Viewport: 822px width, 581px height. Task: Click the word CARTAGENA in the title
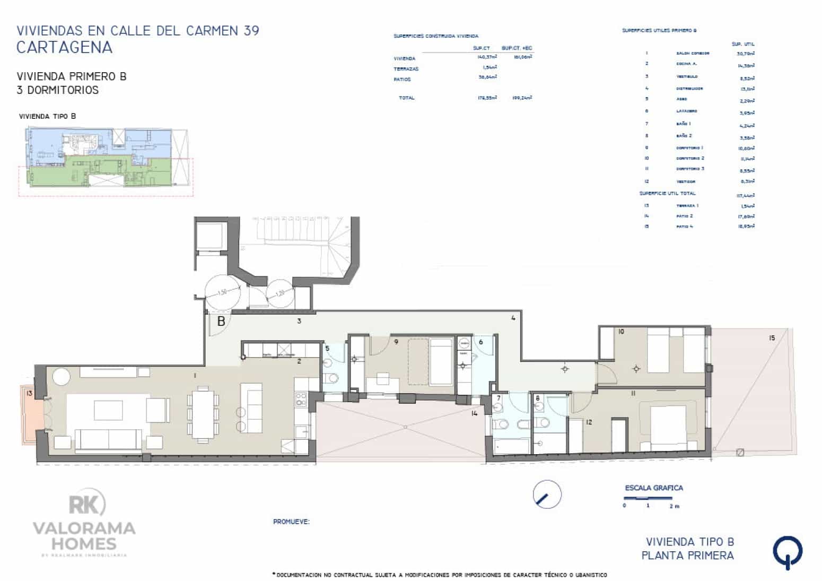coord(64,47)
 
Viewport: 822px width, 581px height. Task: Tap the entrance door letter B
coord(221,321)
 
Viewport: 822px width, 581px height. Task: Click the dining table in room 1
coord(203,414)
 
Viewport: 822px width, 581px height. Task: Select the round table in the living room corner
coord(60,377)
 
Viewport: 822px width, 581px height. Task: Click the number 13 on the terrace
coord(29,393)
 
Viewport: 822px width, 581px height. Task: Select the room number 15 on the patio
coord(772,337)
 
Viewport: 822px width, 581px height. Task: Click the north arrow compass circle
coord(547,495)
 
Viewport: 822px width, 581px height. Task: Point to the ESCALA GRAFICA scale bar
coord(648,499)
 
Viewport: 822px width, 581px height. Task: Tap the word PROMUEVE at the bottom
coord(291,522)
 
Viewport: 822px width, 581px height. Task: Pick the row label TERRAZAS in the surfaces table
coord(406,69)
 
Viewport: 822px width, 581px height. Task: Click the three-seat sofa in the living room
coord(109,439)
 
